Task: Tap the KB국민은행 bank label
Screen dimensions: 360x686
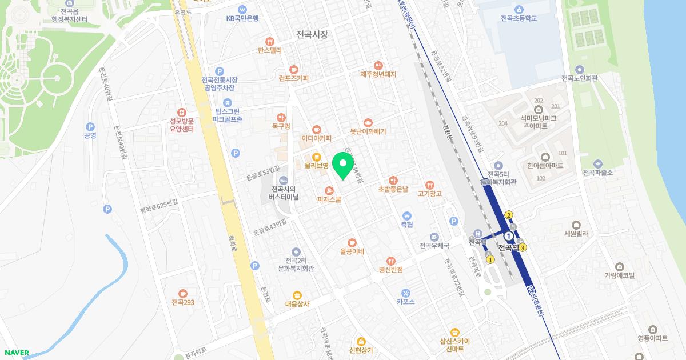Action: pos(242,18)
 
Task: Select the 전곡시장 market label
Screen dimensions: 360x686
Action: pos(312,34)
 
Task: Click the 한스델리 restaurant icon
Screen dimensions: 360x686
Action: pos(270,41)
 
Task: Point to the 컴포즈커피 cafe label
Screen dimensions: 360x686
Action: pos(294,78)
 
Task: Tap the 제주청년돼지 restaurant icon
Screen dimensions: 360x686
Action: pos(378,66)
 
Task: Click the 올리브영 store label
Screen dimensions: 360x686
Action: pos(316,166)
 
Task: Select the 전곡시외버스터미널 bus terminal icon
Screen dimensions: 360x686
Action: pos(282,181)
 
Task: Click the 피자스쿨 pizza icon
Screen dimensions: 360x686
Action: pos(329,191)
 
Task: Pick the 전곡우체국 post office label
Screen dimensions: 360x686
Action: pos(434,246)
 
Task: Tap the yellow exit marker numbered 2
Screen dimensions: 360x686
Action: pos(509,215)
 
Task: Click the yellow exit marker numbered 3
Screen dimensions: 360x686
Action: pos(522,247)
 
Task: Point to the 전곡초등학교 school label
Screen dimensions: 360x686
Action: pos(519,18)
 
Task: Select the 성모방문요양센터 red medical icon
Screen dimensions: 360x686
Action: pos(182,113)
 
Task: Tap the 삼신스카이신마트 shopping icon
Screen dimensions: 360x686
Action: pos(455,332)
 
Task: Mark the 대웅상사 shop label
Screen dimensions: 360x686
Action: pos(297,304)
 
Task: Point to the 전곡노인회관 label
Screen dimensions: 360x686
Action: pos(580,78)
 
